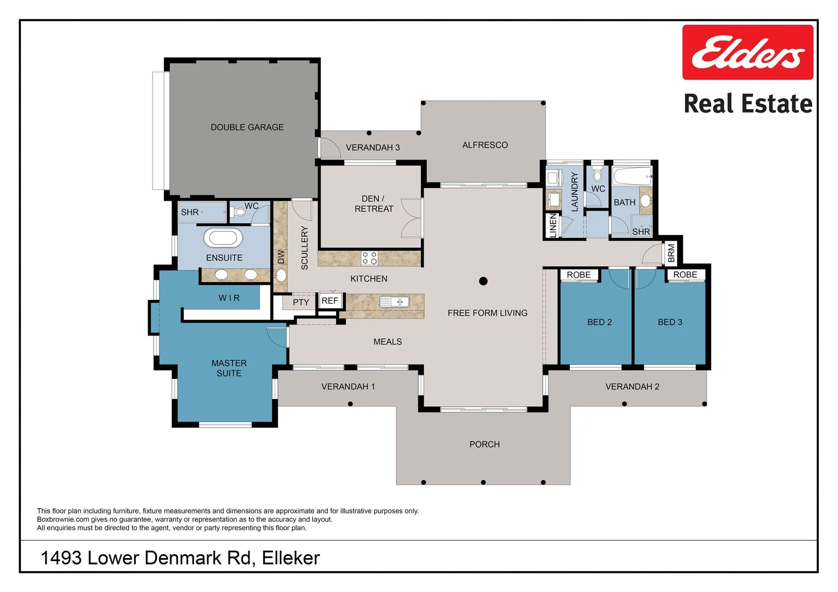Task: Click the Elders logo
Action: click(748, 53)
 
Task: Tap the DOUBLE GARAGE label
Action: click(247, 127)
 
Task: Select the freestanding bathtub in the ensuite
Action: click(223, 238)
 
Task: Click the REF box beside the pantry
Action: click(330, 301)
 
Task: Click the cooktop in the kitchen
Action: click(370, 258)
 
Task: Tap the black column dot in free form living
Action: click(483, 281)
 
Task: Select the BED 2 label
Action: click(599, 322)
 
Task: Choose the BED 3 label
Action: click(670, 322)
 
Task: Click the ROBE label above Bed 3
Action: click(685, 275)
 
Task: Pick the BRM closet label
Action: click(672, 253)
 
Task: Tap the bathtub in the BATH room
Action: click(632, 177)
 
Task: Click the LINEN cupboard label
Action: click(553, 226)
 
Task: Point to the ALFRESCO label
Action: click(485, 145)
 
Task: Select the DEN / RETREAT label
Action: click(374, 204)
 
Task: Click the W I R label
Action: click(229, 298)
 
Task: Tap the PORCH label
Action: click(484, 445)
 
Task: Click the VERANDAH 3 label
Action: click(372, 147)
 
